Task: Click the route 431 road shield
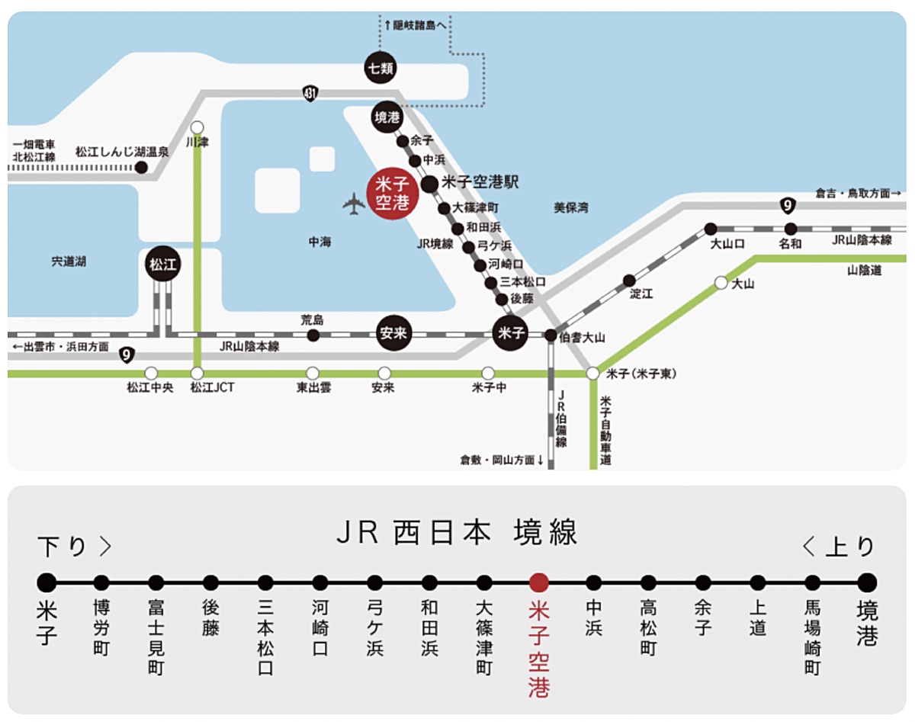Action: tap(310, 93)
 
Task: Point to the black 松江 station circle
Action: tap(162, 265)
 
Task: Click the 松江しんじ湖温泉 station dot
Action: tap(141, 167)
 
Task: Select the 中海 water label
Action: tap(319, 242)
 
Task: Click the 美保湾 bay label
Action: tap(571, 207)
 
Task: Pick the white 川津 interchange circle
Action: tap(197, 127)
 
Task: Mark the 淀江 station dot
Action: tap(629, 281)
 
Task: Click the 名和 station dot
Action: tap(791, 228)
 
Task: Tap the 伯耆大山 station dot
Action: tap(551, 335)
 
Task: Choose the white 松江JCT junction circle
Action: tap(197, 374)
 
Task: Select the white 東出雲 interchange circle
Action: tap(313, 374)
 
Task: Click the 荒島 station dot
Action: tap(313, 335)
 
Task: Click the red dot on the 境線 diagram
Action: tap(539, 583)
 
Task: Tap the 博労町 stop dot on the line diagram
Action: tap(101, 583)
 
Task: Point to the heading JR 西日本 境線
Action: tap(457, 533)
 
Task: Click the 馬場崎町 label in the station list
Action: tap(812, 637)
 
